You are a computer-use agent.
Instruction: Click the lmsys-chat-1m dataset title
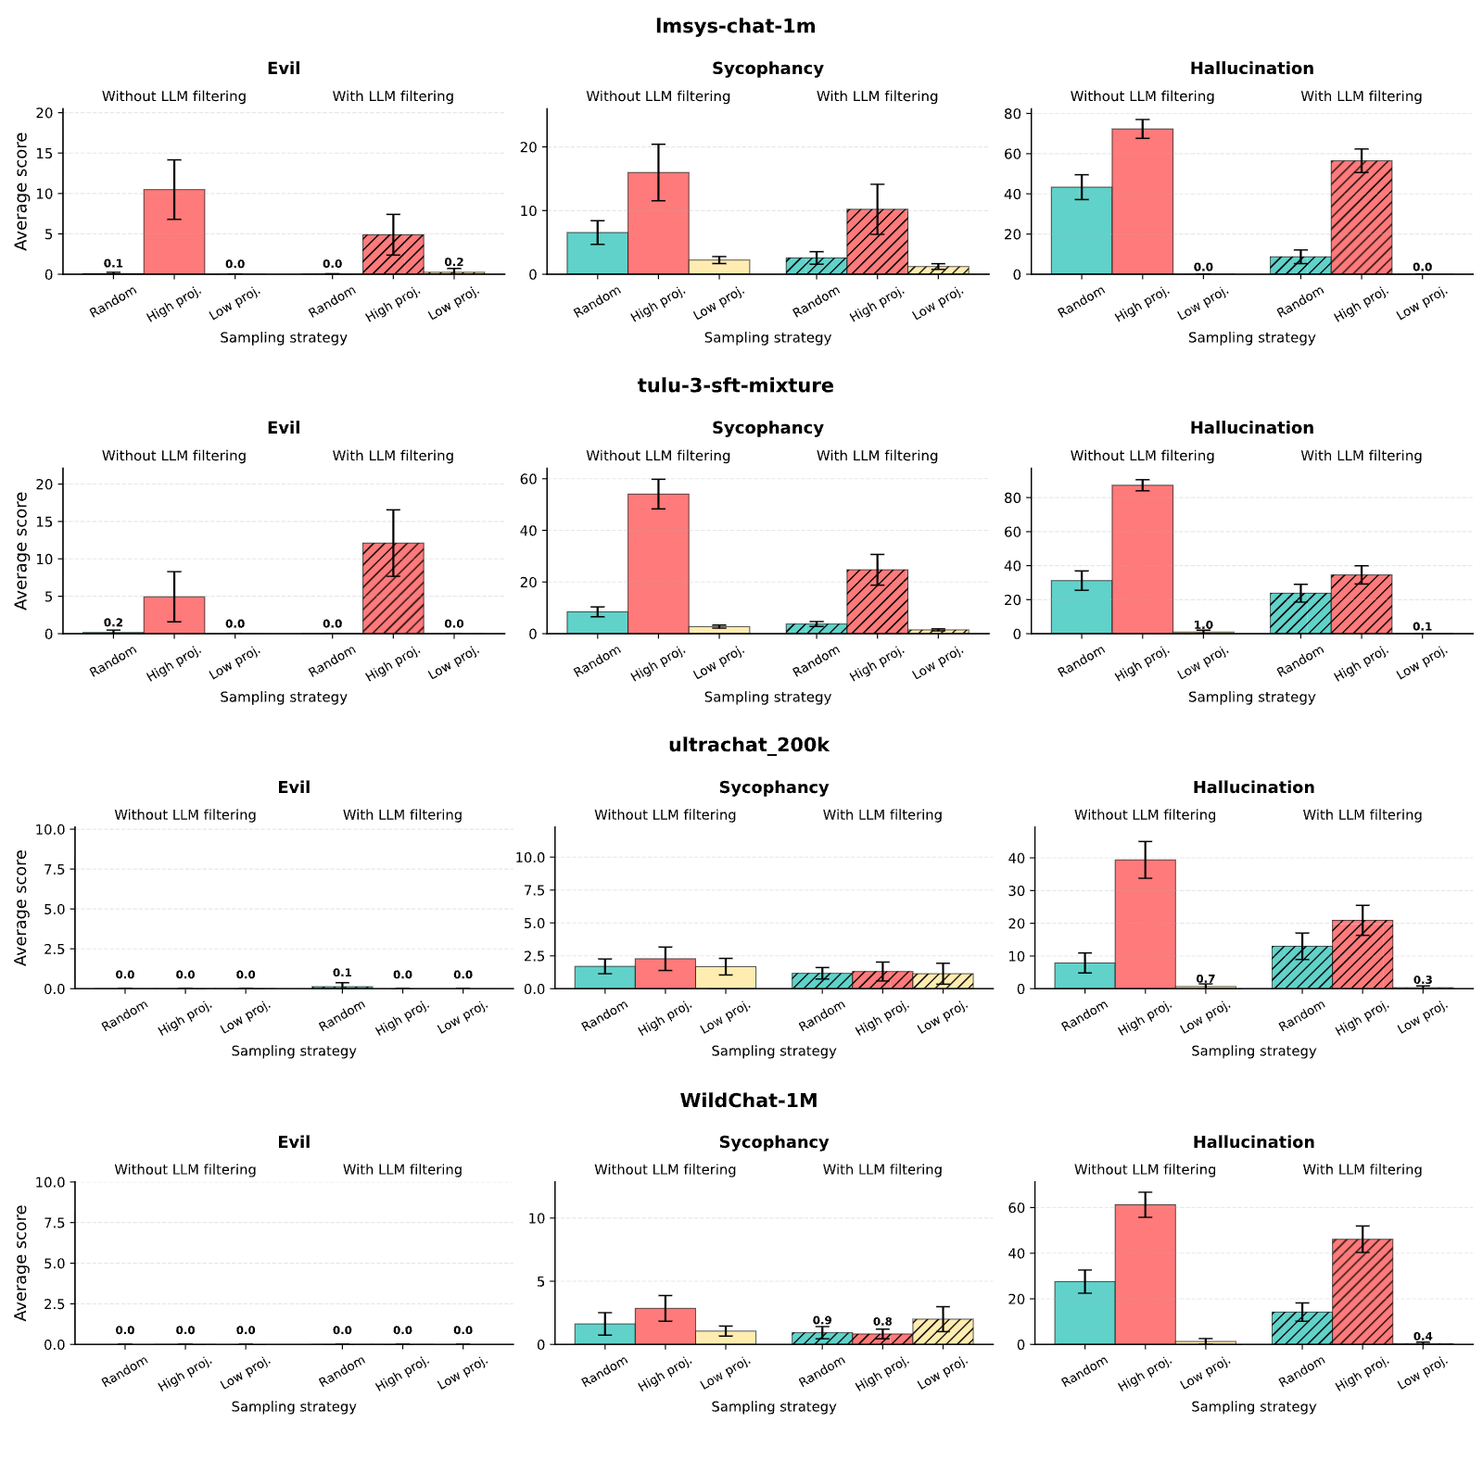[x=735, y=26]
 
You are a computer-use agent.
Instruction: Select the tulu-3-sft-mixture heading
[x=735, y=385]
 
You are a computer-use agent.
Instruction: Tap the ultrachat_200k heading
[x=749, y=745]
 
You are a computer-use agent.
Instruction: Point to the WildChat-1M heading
[x=749, y=1101]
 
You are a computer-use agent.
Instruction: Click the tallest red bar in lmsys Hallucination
[x=1142, y=202]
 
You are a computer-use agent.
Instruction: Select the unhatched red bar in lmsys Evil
[x=174, y=233]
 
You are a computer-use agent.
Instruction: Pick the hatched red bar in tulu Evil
[x=393, y=588]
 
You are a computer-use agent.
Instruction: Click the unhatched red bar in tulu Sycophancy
[x=658, y=564]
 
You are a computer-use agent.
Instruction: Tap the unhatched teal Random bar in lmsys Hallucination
[x=1082, y=231]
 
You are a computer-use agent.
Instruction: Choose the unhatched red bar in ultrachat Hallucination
[x=1146, y=925]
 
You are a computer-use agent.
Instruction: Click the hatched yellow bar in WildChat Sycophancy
[x=943, y=1331]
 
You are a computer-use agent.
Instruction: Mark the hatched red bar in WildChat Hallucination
[x=1363, y=1291]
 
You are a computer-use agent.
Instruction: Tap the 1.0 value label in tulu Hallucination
[x=1203, y=625]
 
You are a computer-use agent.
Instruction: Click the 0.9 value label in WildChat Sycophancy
[x=822, y=1320]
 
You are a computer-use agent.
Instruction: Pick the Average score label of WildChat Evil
[x=21, y=1263]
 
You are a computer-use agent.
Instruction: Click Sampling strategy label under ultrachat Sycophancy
[x=774, y=1051]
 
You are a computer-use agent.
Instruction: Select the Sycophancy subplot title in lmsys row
[x=767, y=69]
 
